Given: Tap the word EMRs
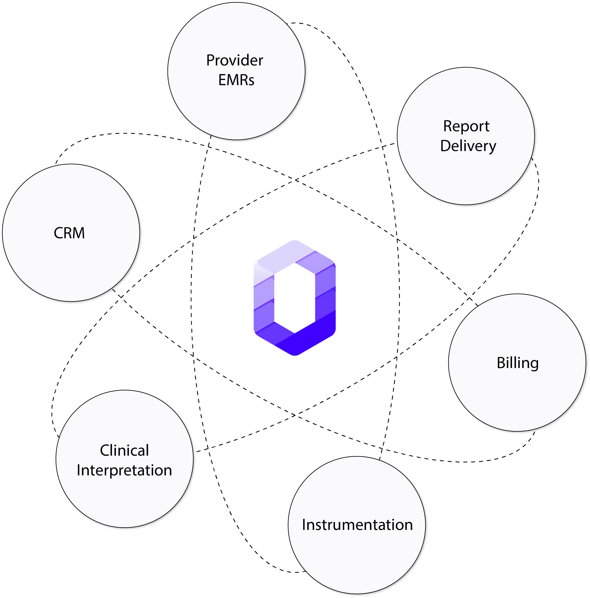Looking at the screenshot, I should click(236, 80).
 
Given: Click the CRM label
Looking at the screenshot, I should click(69, 233).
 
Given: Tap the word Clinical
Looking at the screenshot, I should click(124, 450).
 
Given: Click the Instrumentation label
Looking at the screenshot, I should click(357, 525).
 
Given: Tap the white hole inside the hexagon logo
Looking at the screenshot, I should click(295, 298).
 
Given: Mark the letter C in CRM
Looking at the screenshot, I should click(58, 233).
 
